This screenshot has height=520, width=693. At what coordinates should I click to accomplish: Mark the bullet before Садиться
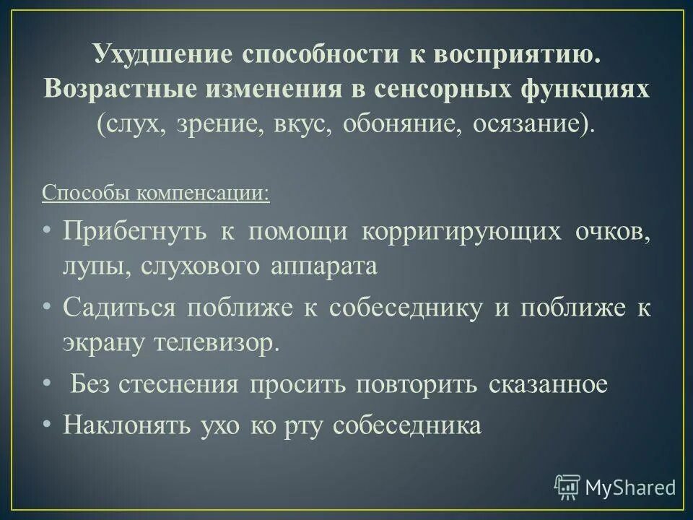[47, 307]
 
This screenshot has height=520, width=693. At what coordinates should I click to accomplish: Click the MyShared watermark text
[631, 487]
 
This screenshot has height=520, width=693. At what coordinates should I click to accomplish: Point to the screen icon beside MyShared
[567, 487]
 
